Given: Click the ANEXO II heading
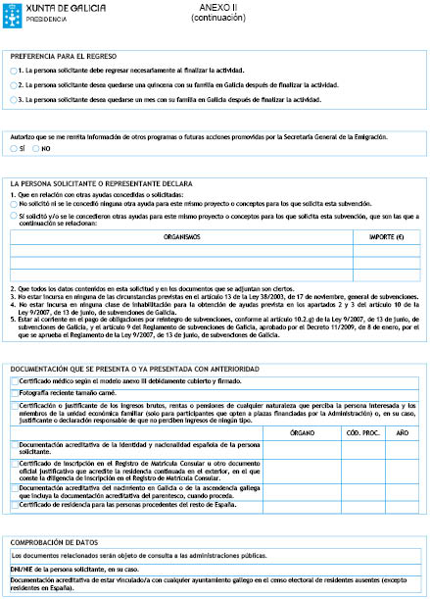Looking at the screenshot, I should (214, 7).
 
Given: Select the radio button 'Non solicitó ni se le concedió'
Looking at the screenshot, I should (14, 203).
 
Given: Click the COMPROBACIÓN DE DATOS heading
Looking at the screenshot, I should (57, 542).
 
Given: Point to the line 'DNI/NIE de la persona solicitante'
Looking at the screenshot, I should (78, 569).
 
